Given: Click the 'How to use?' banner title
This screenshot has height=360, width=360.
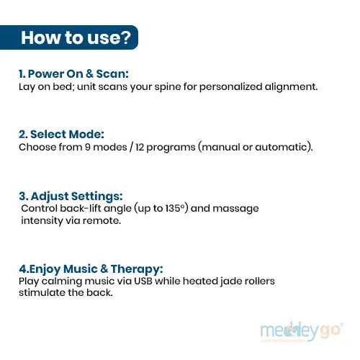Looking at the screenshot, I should pyautogui.click(x=76, y=37).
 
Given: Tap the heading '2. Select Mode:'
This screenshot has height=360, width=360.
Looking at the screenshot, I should pyautogui.click(x=61, y=134).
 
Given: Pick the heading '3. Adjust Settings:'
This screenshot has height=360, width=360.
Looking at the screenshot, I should pyautogui.click(x=71, y=196).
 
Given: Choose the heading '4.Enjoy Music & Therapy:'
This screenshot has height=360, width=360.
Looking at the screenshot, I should pyautogui.click(x=91, y=269).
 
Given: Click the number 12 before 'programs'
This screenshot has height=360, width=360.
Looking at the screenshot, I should pyautogui.click(x=143, y=147).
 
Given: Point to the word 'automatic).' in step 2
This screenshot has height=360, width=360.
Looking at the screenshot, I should pyautogui.click(x=286, y=147).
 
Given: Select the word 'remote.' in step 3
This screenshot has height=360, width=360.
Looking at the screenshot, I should pyautogui.click(x=102, y=220).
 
